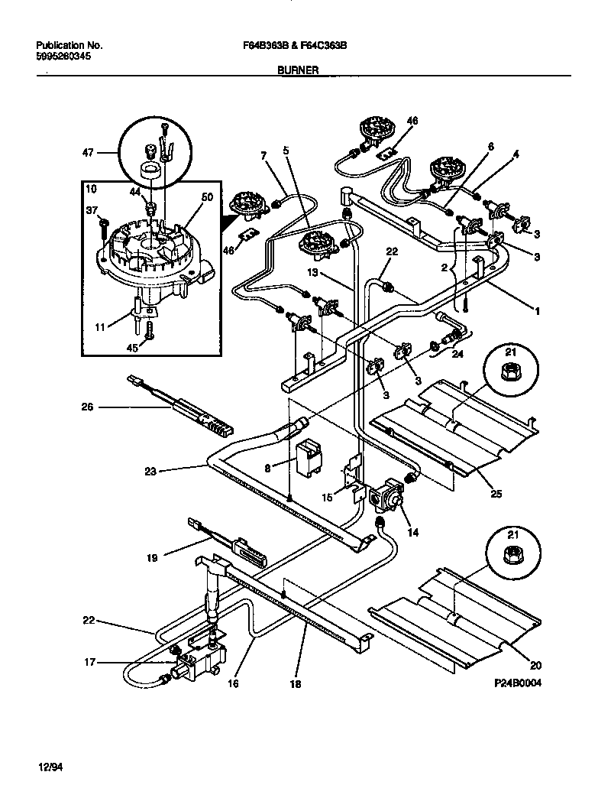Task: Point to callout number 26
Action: click(x=87, y=407)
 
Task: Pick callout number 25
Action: click(x=496, y=495)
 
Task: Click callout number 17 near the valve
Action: click(x=89, y=663)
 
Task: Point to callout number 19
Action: click(x=152, y=558)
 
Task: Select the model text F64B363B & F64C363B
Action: click(x=290, y=46)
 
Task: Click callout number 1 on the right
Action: click(x=538, y=311)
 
